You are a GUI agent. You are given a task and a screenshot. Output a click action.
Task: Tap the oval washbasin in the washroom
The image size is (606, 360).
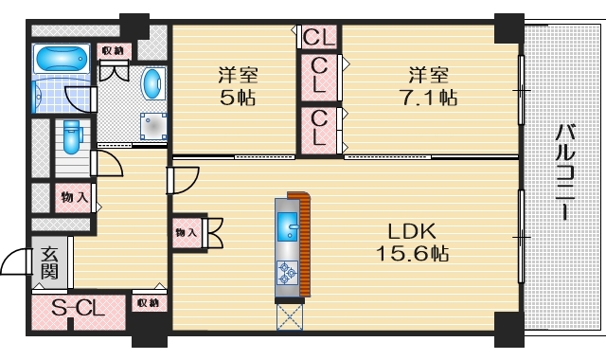pyautogui.click(x=151, y=84)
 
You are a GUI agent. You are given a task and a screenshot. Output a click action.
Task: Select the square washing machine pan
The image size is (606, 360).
pyautogui.click(x=151, y=127)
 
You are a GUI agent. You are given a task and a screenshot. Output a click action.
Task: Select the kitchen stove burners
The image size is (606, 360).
pyautogui.click(x=288, y=274)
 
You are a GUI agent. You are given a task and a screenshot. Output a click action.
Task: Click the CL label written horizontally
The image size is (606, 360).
pyautogui.click(x=319, y=38)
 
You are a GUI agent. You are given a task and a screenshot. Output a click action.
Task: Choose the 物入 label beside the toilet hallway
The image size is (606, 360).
pyautogui.click(x=75, y=198)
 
